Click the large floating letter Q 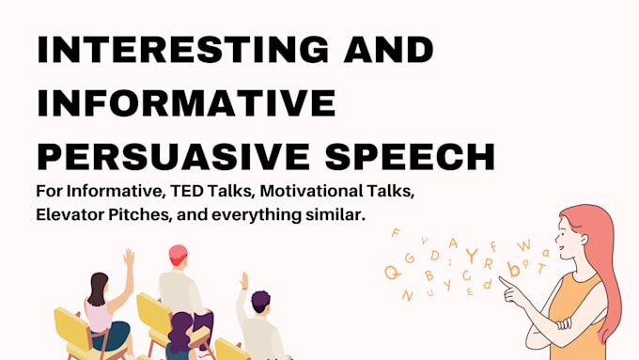coord(392,273)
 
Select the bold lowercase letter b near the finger coord(513,270)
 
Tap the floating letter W coord(523,246)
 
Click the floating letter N coord(407,295)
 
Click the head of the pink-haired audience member coord(177,256)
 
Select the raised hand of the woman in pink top coord(128,257)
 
